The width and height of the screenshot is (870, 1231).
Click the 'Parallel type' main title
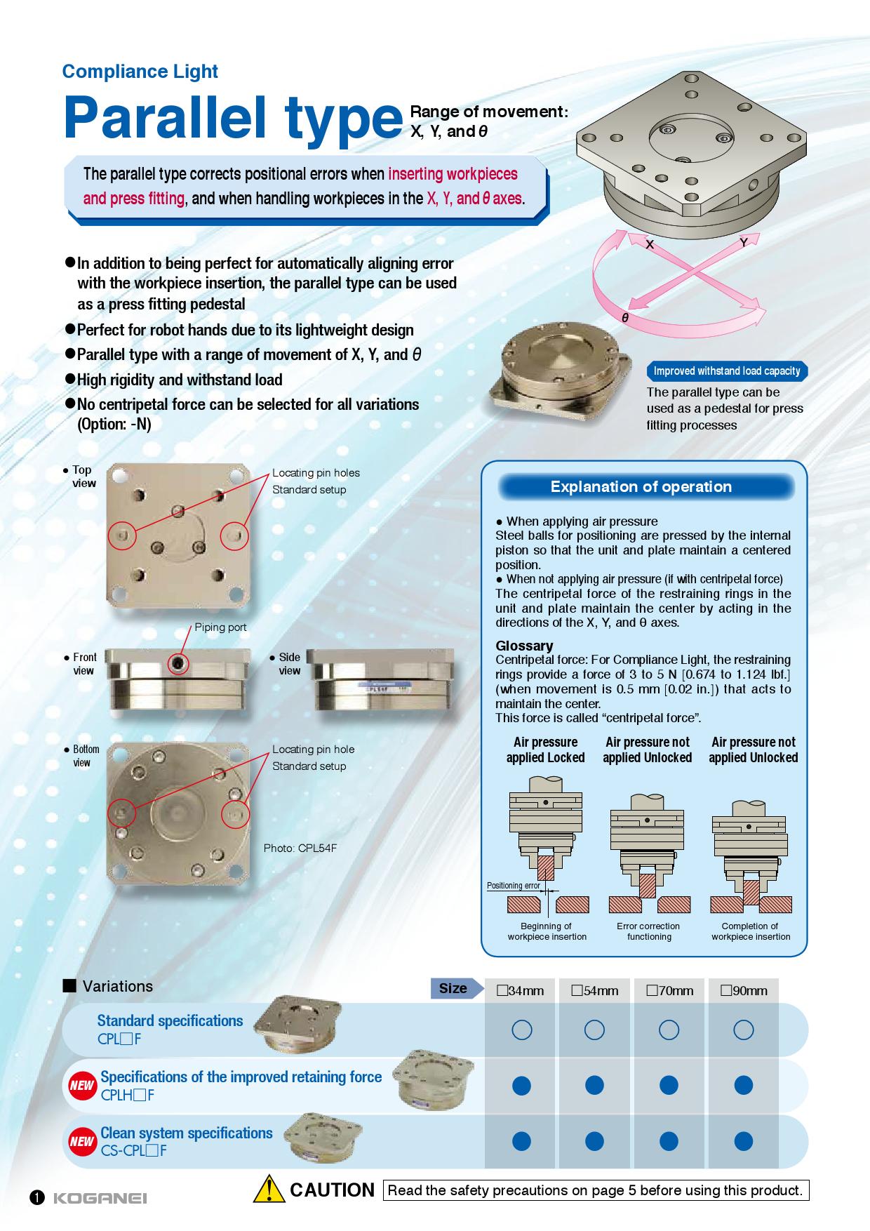[x=229, y=119]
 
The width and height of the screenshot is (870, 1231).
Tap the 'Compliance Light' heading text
[x=140, y=72]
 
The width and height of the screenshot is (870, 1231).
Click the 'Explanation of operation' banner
[x=641, y=487]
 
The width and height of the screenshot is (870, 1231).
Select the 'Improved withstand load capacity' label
[x=727, y=371]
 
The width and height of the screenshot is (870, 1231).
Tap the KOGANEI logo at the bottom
[x=100, y=1198]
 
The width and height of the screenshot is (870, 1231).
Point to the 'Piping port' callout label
[x=221, y=627]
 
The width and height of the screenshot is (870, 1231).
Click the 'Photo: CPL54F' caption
[x=300, y=849]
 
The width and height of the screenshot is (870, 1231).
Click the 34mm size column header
[x=521, y=991]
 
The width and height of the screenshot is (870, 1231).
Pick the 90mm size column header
[x=744, y=991]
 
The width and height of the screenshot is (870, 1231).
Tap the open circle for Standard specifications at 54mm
[x=594, y=1030]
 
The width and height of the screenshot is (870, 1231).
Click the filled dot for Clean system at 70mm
[x=669, y=1141]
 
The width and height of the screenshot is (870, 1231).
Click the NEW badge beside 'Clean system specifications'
[x=81, y=1141]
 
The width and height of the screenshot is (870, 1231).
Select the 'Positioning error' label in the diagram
[x=514, y=886]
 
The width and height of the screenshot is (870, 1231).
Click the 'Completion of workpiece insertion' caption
[x=751, y=931]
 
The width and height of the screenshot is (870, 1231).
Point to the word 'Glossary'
[x=524, y=646]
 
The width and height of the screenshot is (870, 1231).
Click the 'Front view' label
[x=84, y=664]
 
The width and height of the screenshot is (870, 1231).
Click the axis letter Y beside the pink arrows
[x=743, y=243]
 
